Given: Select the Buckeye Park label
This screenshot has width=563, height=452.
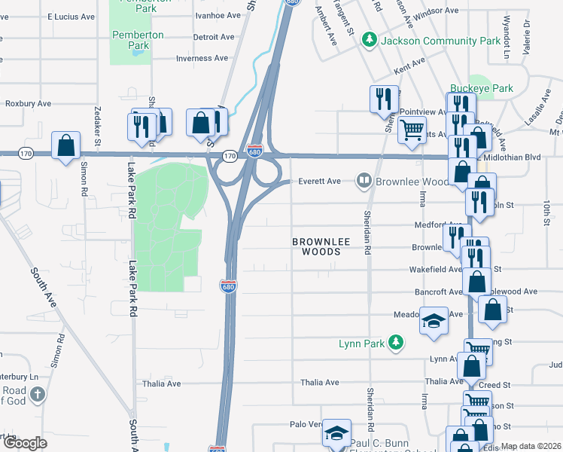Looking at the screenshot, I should (x=482, y=88).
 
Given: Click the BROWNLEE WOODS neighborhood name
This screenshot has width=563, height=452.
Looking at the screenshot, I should (x=316, y=246).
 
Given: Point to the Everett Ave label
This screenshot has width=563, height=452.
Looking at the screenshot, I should (x=321, y=181).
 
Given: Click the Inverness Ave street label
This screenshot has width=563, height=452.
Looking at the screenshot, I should (x=202, y=58).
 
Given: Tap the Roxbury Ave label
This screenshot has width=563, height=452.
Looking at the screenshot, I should (x=28, y=103).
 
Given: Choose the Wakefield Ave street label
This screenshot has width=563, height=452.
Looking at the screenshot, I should (x=435, y=269).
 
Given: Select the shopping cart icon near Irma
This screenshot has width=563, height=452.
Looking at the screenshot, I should (x=412, y=130).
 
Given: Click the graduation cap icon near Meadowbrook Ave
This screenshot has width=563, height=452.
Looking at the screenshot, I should (x=434, y=321).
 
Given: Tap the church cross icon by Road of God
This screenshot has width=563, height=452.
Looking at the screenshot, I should (x=36, y=394).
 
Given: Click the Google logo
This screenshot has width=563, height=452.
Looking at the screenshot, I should (x=26, y=443).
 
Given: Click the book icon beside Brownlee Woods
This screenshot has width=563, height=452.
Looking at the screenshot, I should (x=364, y=181).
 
